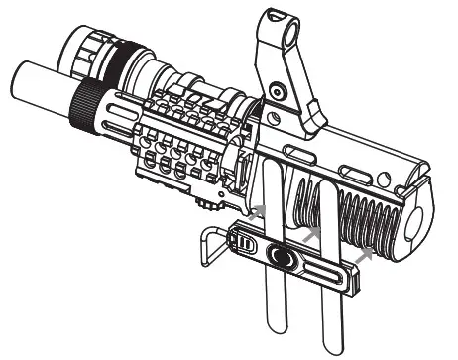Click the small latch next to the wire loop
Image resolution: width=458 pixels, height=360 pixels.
pos(245,245)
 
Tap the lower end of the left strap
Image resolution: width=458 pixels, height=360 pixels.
pos(276,324)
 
